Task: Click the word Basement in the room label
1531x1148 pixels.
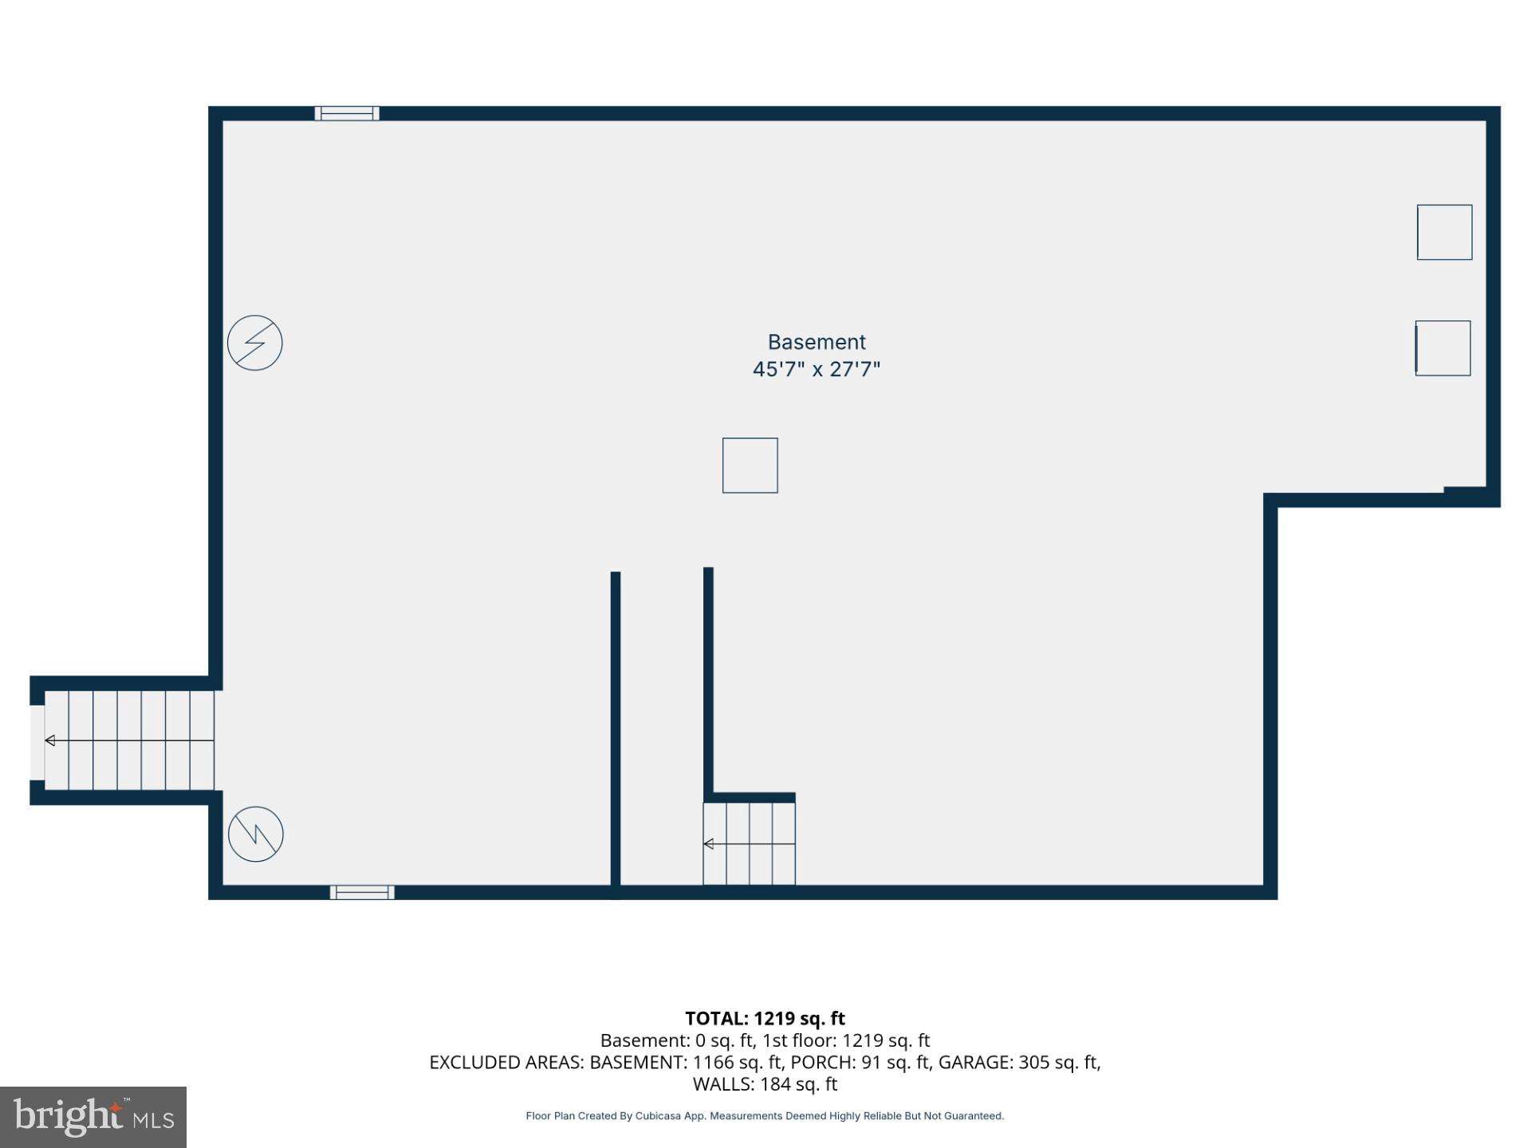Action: point(816,342)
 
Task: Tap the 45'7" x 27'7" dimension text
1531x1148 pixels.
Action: point(816,369)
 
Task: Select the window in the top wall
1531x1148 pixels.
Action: point(347,113)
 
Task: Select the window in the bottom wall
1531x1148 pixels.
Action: point(362,892)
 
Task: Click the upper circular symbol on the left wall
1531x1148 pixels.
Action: point(255,343)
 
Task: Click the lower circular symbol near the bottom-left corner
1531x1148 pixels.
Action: point(256,834)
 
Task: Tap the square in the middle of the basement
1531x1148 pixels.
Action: point(750,465)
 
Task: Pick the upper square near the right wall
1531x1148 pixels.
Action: point(1444,232)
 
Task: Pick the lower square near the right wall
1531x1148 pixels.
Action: point(1442,348)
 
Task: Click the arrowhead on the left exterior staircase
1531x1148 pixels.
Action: point(50,741)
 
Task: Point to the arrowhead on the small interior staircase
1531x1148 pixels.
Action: point(708,843)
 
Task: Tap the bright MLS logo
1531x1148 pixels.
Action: point(93,1117)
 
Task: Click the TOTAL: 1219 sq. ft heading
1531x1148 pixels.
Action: point(765,1018)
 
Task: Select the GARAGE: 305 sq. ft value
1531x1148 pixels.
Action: point(1018,1062)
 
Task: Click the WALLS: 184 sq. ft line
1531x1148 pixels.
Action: point(765,1083)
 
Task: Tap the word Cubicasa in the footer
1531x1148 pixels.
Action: point(658,1116)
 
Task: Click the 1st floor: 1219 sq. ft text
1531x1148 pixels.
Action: point(846,1040)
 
